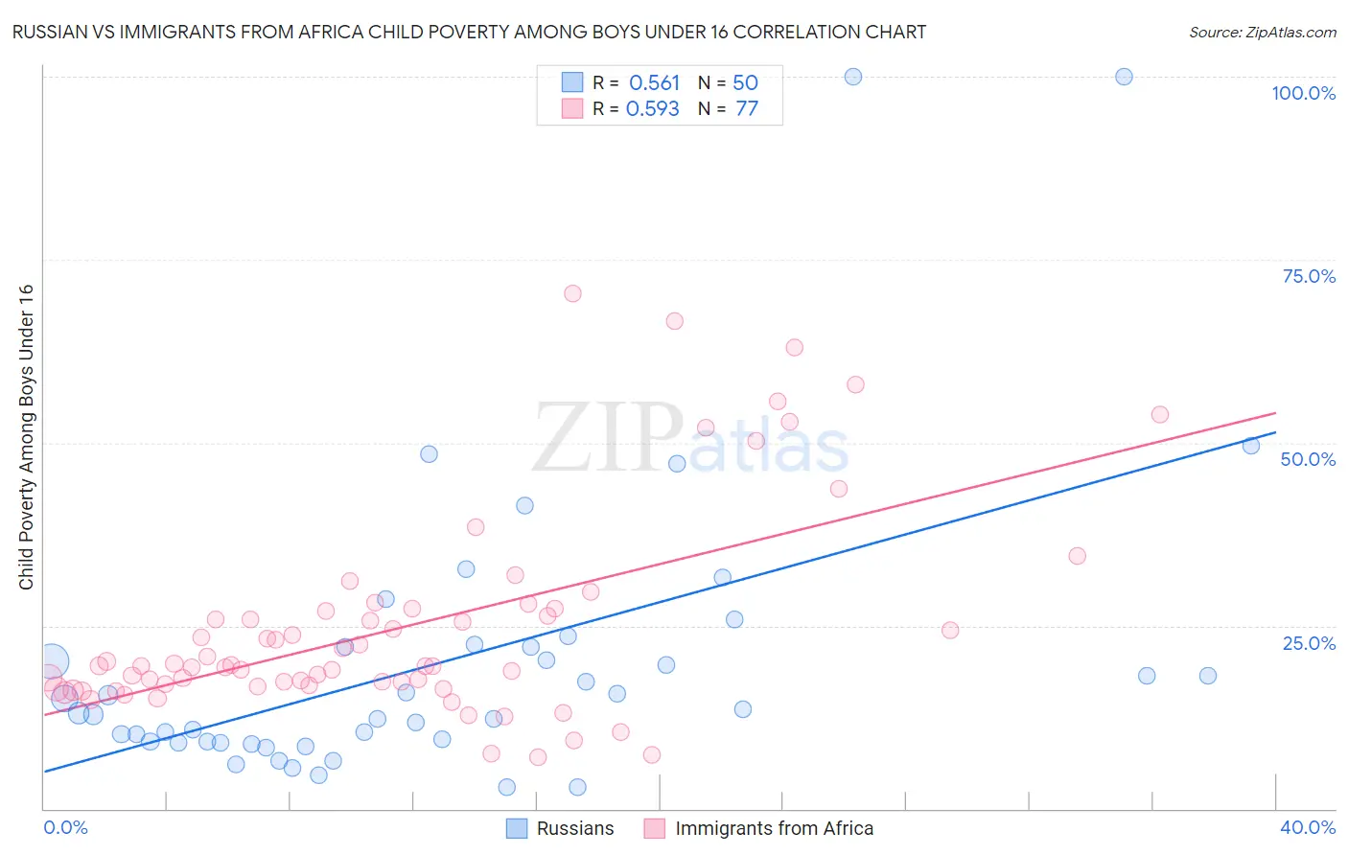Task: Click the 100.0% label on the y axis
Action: click(1303, 93)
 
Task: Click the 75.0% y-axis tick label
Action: click(1309, 276)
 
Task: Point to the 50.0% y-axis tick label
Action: click(1308, 459)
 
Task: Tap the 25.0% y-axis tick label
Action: click(1309, 643)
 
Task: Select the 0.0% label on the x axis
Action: click(65, 827)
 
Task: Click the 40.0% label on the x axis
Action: click(1308, 827)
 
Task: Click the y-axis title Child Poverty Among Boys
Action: click(26, 437)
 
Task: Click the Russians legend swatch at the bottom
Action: click(517, 828)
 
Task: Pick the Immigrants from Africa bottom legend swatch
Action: click(655, 828)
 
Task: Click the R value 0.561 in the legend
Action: click(654, 83)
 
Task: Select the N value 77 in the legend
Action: click(747, 109)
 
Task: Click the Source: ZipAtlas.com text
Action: click(1262, 33)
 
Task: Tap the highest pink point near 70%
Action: click(572, 293)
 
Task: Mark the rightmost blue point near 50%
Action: click(1251, 445)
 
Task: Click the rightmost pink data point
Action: click(1160, 414)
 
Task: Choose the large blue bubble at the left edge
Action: click(52, 660)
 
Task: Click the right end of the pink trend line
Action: click(1275, 413)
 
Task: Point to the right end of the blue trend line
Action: click(1275, 432)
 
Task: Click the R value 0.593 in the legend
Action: click(653, 109)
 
